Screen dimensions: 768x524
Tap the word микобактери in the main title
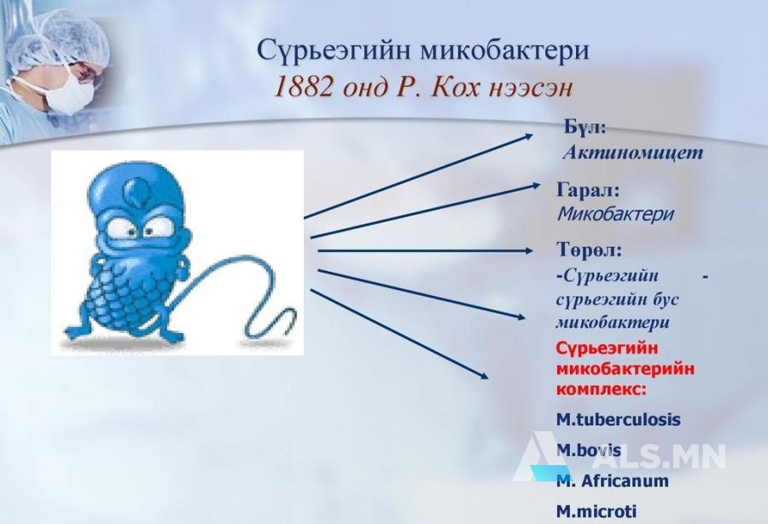(505, 51)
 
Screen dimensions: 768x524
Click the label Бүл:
(585, 127)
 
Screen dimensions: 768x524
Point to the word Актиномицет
(633, 153)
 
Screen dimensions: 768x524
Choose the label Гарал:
(588, 190)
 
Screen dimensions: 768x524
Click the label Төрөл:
(589, 250)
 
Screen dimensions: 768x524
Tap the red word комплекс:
(601, 390)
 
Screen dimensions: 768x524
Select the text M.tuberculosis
(619, 419)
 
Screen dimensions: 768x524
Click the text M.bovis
(589, 450)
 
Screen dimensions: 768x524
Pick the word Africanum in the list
(625, 481)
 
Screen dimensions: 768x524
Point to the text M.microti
(596, 512)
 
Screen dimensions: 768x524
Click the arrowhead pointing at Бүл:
(528, 136)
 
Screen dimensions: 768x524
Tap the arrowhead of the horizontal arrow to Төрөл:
(528, 250)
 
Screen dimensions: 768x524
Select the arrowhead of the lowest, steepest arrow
(484, 375)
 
